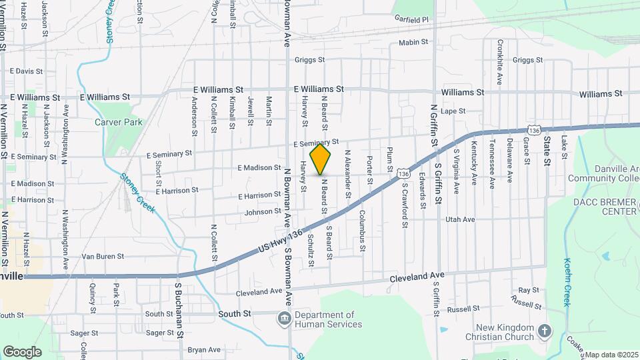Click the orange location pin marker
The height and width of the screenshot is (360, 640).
pos(321,159)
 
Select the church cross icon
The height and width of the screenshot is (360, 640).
pos(545,331)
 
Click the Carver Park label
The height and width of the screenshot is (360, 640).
pos(119,123)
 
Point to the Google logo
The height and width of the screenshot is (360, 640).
pos(23,351)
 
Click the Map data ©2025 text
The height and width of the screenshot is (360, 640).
pos(612,355)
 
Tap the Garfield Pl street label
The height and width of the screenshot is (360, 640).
pos(410,21)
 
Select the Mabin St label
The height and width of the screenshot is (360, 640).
pos(413,43)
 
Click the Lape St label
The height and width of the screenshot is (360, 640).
pos(452,111)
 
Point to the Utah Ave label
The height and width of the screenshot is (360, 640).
pos(460,219)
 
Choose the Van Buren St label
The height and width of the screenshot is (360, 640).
pos(103,256)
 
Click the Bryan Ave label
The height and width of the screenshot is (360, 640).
pos(204,349)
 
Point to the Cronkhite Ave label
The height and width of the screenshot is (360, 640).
pos(499,61)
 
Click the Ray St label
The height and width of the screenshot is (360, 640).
pos(529,291)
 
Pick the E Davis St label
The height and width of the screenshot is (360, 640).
pos(26,71)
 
